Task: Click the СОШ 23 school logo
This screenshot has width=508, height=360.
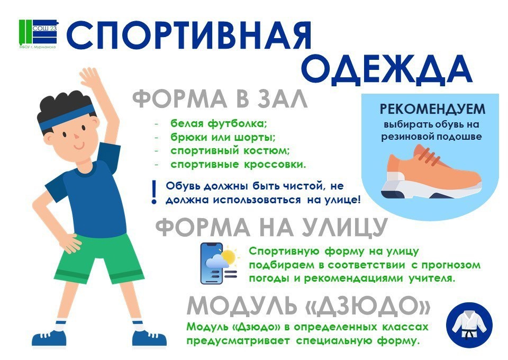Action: tap(38, 34)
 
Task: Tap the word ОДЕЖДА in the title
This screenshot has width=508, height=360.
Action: tap(387, 70)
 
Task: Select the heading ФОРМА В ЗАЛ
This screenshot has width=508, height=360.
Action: tap(220, 99)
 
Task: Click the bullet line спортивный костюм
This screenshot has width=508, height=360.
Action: tap(230, 151)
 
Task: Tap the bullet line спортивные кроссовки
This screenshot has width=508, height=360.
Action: tap(238, 165)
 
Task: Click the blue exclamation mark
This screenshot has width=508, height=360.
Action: tap(154, 192)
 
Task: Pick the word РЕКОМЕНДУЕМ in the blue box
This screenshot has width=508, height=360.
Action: tap(432, 110)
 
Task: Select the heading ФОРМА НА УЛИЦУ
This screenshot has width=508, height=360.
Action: tap(271, 227)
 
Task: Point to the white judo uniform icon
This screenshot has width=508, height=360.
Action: tap(469, 325)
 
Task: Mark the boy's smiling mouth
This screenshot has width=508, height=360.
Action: tap(78, 147)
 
